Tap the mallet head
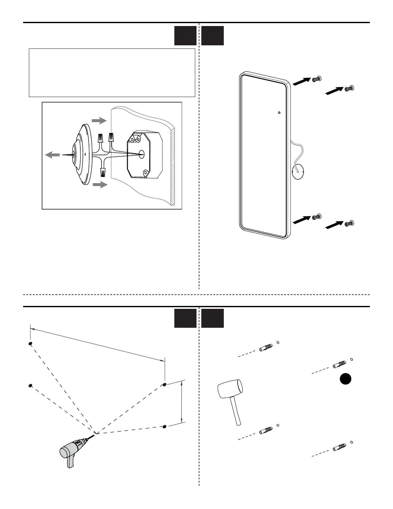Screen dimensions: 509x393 pos(230,389)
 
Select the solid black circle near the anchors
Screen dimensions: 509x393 pos(345,379)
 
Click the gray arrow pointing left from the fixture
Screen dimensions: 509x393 pos(52,155)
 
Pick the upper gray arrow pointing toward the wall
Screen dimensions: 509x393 pos(99,121)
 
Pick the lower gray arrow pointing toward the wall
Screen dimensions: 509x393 pos(99,184)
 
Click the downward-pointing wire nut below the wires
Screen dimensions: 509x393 pos(103,172)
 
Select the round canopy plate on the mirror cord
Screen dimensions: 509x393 pos(298,172)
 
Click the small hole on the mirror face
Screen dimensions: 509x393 pos(279,113)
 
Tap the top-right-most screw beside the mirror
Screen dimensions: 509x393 pos(349,88)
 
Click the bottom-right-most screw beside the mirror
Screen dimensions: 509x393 pos(349,223)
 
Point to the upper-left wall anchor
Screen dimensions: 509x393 pos(266,348)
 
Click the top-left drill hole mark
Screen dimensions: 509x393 pos(30,344)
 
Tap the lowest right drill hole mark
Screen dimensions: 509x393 pos(165,426)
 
